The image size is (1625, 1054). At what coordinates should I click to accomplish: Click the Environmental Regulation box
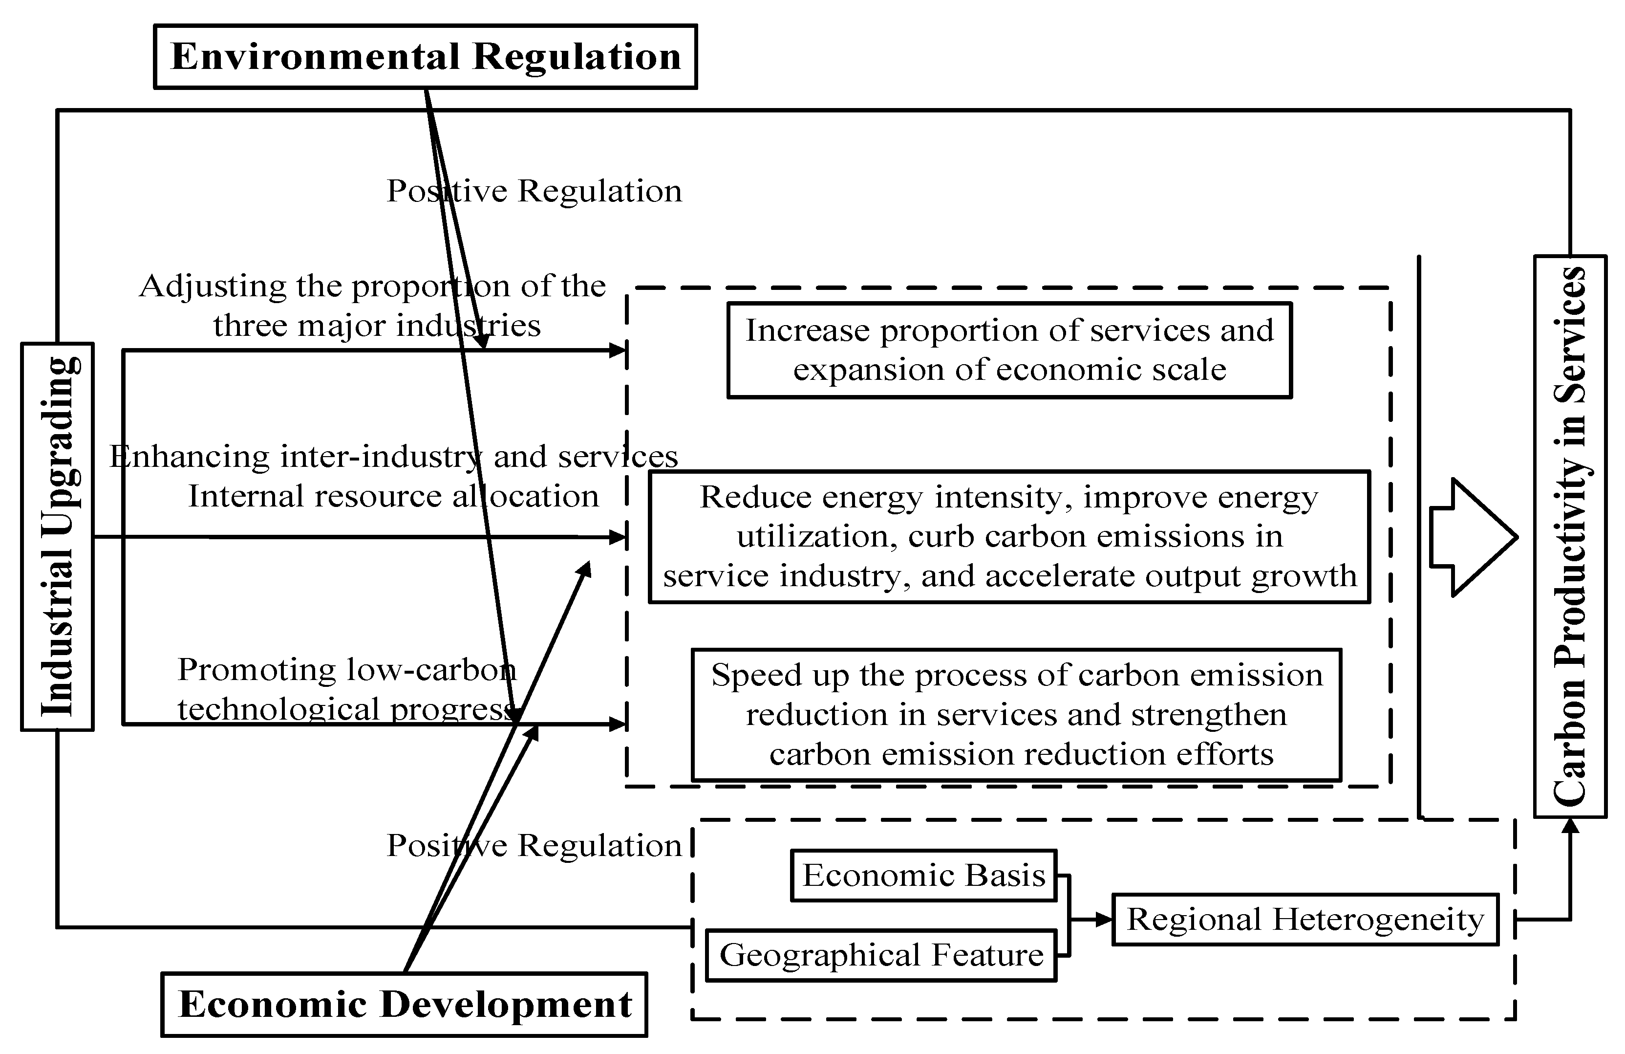[426, 57]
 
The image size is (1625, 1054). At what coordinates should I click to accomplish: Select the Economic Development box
[404, 1004]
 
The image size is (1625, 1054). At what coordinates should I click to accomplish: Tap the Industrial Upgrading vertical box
[57, 536]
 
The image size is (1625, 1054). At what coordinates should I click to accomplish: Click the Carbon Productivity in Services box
[1570, 536]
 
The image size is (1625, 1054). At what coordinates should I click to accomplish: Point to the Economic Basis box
[923, 875]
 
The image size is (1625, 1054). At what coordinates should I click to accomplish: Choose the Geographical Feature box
[881, 955]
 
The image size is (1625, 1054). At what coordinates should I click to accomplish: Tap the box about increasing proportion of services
[1009, 350]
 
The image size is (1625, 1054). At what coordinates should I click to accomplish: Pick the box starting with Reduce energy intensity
[1009, 536]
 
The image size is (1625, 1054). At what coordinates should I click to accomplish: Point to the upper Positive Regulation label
[534, 191]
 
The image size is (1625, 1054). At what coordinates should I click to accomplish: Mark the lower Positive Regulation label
[534, 846]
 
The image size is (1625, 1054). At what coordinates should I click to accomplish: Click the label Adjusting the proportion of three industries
[373, 306]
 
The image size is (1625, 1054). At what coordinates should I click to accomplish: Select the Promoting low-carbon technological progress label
[347, 688]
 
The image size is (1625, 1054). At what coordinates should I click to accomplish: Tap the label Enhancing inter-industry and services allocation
[393, 476]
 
